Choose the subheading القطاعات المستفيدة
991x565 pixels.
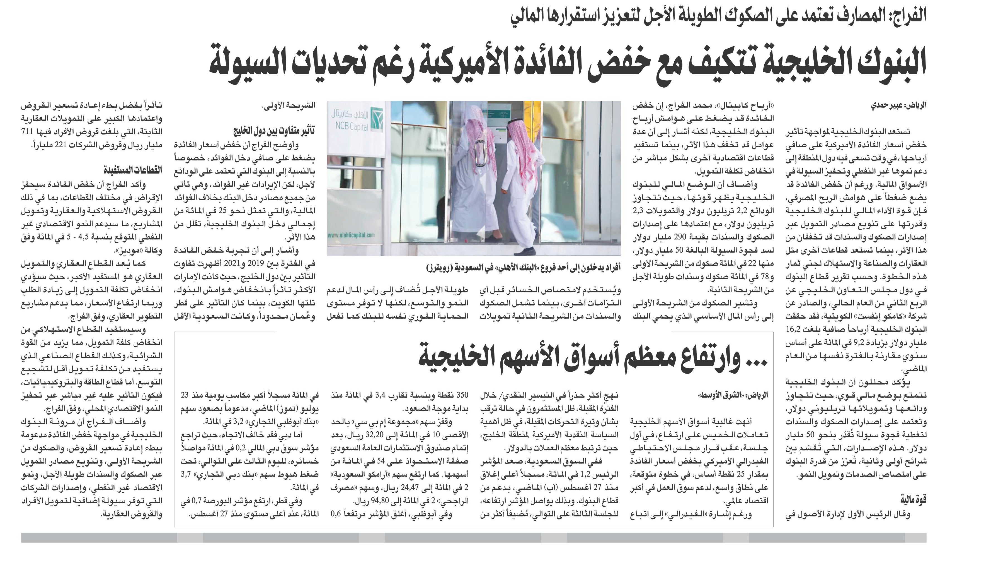[x=133, y=170]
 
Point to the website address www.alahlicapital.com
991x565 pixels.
[x=351, y=235]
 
